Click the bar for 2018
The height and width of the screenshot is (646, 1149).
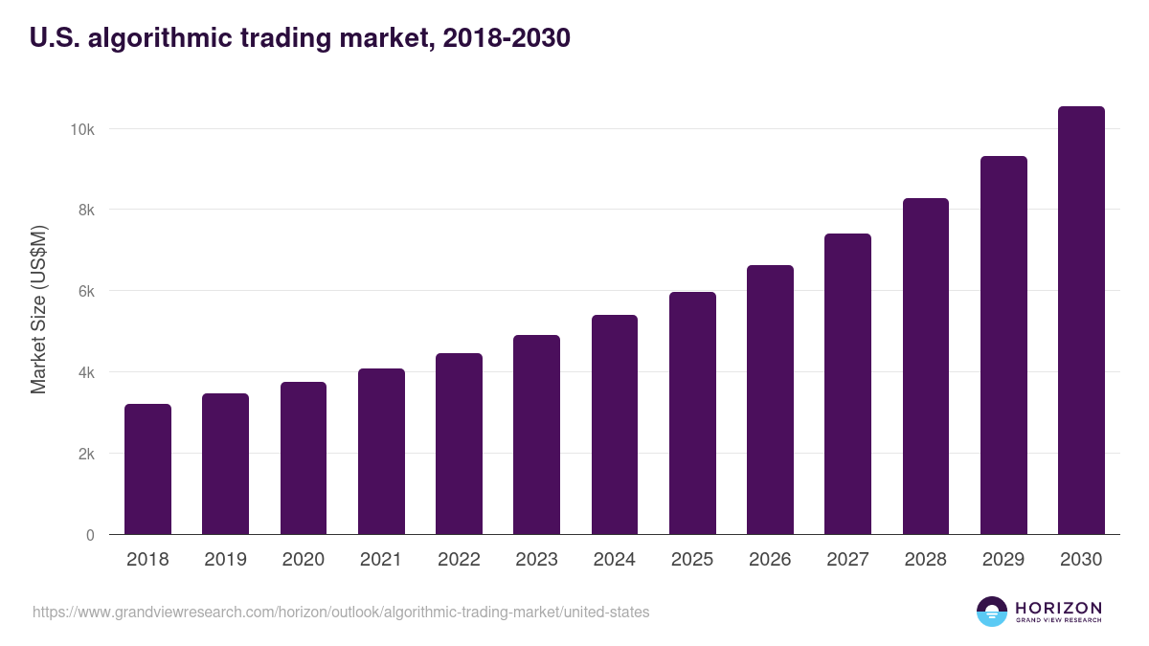(147, 469)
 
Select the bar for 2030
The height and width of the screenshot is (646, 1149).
(1081, 321)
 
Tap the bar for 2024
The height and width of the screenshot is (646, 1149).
(614, 425)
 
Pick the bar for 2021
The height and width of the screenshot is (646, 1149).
(381, 452)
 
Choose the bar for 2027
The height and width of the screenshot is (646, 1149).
(847, 384)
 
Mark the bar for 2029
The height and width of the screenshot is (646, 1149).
(1003, 345)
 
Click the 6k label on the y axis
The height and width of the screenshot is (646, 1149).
(85, 291)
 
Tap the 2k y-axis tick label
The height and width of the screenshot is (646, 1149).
(85, 454)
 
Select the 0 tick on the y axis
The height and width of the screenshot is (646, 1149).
(90, 535)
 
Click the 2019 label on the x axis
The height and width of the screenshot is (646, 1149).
(225, 560)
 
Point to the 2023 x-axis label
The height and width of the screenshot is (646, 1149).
(536, 560)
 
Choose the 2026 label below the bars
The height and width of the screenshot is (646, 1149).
(770, 560)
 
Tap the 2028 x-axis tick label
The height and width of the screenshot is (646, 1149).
(925, 560)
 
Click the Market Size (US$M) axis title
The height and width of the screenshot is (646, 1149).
(38, 309)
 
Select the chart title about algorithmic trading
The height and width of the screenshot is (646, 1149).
(300, 38)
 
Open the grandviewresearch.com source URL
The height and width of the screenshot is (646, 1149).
(341, 612)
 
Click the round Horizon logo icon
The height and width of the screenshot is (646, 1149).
(991, 612)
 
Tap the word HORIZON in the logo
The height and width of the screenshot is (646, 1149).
(1058, 607)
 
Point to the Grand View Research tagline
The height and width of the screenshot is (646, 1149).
(1058, 620)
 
